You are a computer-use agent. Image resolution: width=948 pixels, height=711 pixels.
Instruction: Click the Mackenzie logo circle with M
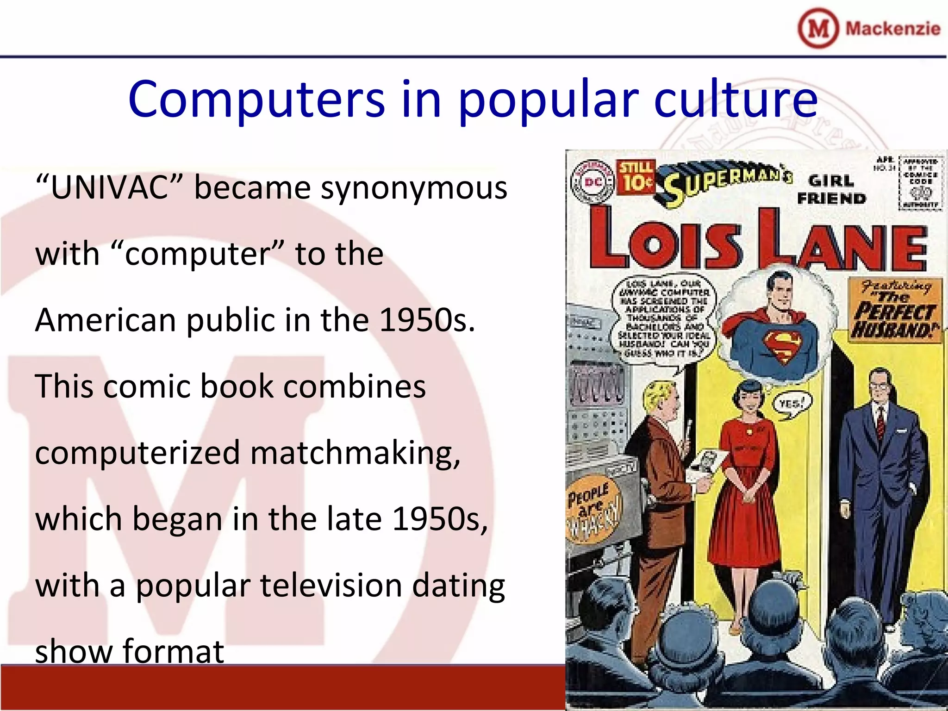pyautogui.click(x=818, y=28)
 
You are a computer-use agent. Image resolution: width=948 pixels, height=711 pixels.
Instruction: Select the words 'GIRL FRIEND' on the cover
pyautogui.click(x=831, y=189)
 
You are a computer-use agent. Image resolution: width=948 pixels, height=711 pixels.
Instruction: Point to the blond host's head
pyautogui.click(x=661, y=399)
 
